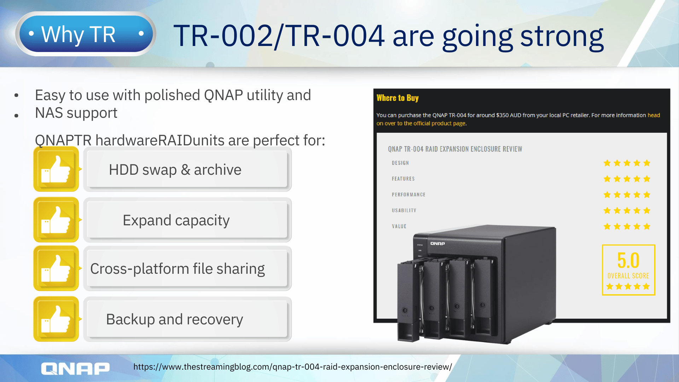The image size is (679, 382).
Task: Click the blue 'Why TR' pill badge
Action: pyautogui.click(x=85, y=34)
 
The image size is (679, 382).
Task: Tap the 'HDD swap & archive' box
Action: pyautogui.click(x=187, y=169)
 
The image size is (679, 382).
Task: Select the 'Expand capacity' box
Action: pyautogui.click(x=187, y=220)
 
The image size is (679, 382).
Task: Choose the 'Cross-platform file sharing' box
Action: pyautogui.click(x=187, y=268)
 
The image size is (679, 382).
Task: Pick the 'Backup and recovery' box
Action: pyautogui.click(x=187, y=319)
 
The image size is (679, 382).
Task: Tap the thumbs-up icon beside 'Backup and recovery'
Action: pyautogui.click(x=56, y=319)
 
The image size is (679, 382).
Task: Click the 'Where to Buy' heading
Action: pyautogui.click(x=397, y=98)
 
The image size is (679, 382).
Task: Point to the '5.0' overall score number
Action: pyautogui.click(x=628, y=260)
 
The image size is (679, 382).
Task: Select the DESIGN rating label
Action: pyautogui.click(x=400, y=163)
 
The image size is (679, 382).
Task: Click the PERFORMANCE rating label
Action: pyautogui.click(x=408, y=195)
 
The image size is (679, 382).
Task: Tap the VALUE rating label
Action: pyautogui.click(x=399, y=226)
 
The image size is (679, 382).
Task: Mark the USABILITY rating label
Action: pyautogui.click(x=404, y=210)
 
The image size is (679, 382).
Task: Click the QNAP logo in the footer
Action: pyautogui.click(x=75, y=369)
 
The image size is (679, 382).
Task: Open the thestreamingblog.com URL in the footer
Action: pyautogui.click(x=292, y=367)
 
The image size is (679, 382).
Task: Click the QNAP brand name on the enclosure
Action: pyautogui.click(x=437, y=243)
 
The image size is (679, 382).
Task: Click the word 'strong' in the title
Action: pyautogui.click(x=562, y=36)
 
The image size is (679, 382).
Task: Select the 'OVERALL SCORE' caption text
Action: pyautogui.click(x=628, y=276)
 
